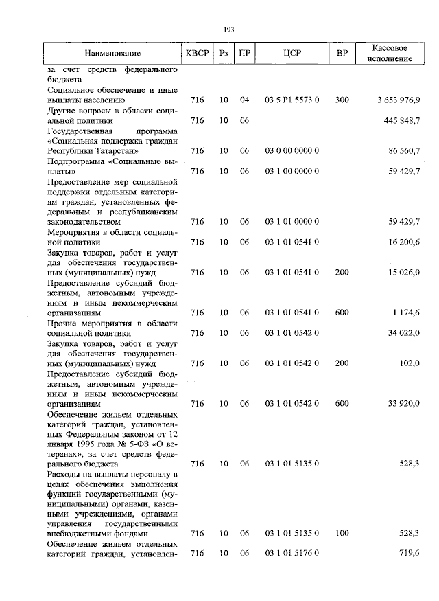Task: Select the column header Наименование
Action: pyautogui.click(x=112, y=54)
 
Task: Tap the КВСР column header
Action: pyautogui.click(x=198, y=54)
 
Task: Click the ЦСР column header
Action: pyautogui.click(x=292, y=54)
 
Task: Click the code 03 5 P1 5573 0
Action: pyautogui.click(x=292, y=100)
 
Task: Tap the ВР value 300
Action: pyautogui.click(x=342, y=100)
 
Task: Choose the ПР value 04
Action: pyautogui.click(x=244, y=100)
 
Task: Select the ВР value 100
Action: pyautogui.click(x=342, y=533)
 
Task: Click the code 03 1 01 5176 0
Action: pyautogui.click(x=292, y=553)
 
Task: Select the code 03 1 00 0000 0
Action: pyautogui.click(x=292, y=171)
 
